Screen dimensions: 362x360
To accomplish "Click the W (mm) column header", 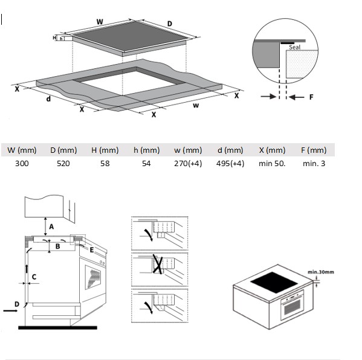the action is click(22, 150).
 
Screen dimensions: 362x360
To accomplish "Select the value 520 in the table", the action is click(63, 164).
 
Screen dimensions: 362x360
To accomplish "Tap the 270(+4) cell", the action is click(188, 164).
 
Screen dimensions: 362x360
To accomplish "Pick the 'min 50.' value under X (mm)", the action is click(272, 164).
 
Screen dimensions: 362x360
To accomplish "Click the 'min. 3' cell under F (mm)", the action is click(314, 164).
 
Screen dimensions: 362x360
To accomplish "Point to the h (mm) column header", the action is click(147, 150).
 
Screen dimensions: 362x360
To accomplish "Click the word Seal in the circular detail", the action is click(294, 47).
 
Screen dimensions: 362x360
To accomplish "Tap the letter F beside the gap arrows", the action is click(311, 97).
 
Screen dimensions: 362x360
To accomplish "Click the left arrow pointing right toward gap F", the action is click(268, 96).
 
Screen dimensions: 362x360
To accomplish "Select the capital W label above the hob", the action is click(100, 22).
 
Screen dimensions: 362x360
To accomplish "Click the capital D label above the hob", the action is click(170, 24).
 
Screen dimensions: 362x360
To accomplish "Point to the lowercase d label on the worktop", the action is click(48, 99).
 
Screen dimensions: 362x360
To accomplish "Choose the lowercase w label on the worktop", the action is click(196, 106).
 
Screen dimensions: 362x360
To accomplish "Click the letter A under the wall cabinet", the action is click(51, 227).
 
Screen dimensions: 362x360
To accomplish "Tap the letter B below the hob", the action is click(58, 246).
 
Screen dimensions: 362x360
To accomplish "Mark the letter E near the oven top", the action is click(92, 250).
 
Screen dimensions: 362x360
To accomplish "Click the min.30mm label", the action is click(321, 272).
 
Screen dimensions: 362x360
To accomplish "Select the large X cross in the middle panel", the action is click(158, 265).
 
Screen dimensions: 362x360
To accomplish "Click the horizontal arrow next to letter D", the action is click(10, 311).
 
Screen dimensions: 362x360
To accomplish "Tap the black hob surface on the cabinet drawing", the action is click(274, 283).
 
